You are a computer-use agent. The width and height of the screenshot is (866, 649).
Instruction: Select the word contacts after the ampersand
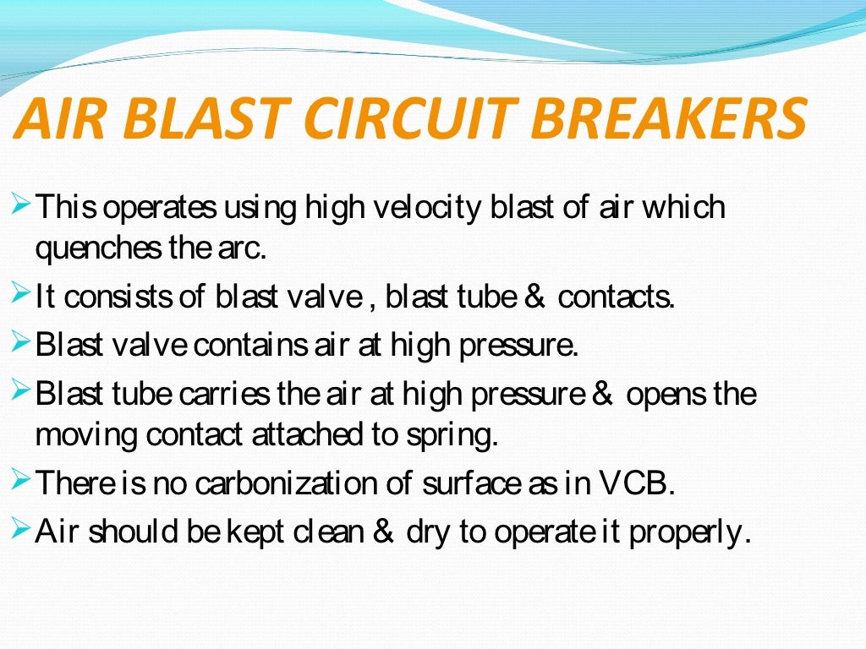617,297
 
